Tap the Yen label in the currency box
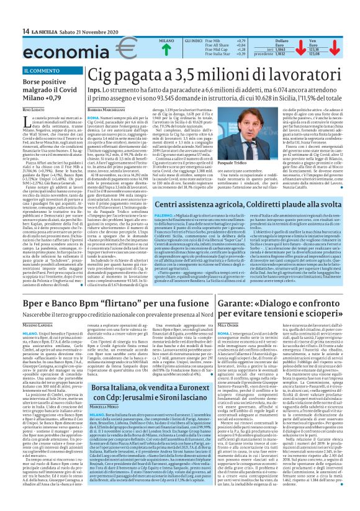(313, 40)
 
